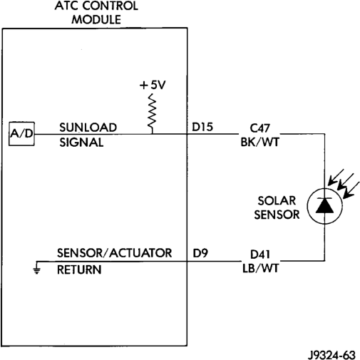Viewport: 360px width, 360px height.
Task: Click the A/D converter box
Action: pos(21,134)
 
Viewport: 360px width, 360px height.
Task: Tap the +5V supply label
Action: pos(153,85)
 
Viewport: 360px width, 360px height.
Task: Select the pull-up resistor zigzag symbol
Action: pos(152,113)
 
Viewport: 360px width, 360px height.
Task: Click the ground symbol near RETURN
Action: pos(36,268)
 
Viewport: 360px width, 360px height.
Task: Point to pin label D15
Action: pos(202,127)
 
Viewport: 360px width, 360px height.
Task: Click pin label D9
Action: pos(200,253)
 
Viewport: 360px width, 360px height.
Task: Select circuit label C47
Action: pos(259,128)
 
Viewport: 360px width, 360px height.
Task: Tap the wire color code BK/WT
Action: pos(259,142)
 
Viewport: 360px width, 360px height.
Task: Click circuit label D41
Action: pos(260,254)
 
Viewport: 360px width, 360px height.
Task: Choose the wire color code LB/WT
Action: pos(260,269)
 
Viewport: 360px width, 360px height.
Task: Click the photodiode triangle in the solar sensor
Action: pos(324,206)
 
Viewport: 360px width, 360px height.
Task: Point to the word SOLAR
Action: pos(277,201)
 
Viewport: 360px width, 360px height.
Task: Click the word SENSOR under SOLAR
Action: pos(277,215)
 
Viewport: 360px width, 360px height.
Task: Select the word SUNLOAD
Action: pos(88,128)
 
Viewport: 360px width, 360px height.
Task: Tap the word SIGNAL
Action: pos(81,143)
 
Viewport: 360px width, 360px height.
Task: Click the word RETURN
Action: pos(79,269)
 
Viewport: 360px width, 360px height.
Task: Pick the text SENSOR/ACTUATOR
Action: pos(114,253)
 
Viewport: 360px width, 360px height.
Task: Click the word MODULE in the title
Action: pos(96,19)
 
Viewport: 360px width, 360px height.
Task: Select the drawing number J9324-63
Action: pos(331,355)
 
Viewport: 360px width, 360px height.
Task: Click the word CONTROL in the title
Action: pos(110,6)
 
